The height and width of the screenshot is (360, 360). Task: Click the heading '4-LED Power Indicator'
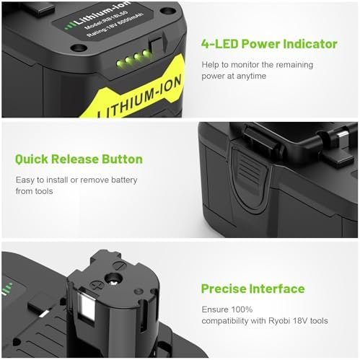tap(269, 44)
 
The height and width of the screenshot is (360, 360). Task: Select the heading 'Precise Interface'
tap(252, 289)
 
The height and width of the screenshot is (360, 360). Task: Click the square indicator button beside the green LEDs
tap(151, 56)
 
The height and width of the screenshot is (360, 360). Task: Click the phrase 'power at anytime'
tap(234, 76)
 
